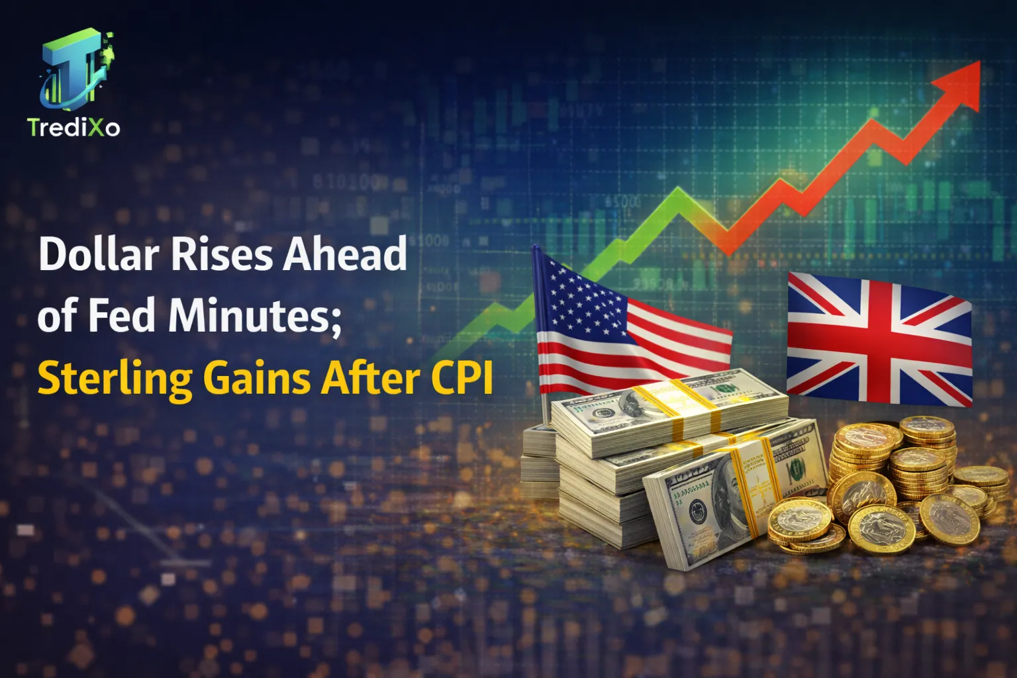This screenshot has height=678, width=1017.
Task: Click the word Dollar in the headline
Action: [99, 254]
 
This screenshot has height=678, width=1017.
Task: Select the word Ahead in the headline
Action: [344, 254]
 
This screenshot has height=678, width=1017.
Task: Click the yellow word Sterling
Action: [115, 379]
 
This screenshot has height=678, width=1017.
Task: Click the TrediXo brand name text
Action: [73, 127]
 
